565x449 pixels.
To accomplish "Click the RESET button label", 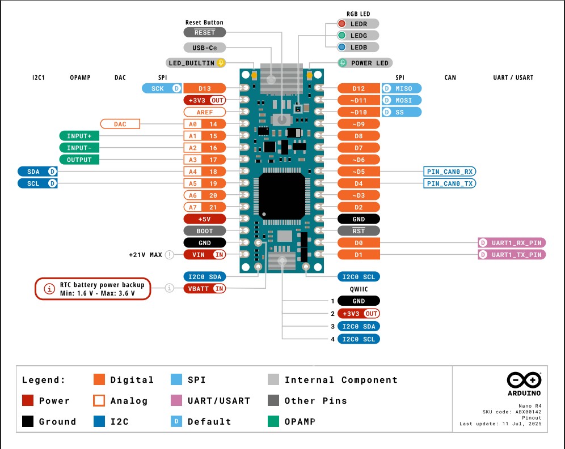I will [205, 32].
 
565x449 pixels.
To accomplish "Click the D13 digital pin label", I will [205, 88].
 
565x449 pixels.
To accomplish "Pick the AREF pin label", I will [205, 112].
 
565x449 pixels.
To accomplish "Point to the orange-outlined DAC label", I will [120, 123].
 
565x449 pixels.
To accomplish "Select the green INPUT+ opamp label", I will [79, 136].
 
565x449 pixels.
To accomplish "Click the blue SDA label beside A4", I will [38, 171].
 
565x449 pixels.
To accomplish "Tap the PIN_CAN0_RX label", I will [450, 171].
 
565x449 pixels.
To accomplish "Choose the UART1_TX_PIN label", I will [512, 255].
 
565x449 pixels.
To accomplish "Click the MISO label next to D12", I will [402, 88].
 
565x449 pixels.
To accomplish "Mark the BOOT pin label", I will [205, 231].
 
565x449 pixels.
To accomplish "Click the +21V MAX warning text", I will [146, 255].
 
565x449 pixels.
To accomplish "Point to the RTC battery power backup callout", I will [94, 288].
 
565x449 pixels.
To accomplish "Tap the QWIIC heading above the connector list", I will [359, 289].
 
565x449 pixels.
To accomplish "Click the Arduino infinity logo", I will [524, 380].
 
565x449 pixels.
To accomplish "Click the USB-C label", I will [205, 48].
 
